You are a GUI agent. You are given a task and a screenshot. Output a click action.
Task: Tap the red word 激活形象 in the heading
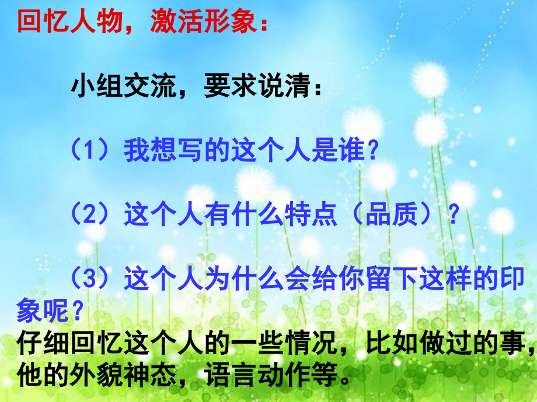(x=203, y=23)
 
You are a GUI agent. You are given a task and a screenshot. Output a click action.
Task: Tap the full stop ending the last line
(x=347, y=376)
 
